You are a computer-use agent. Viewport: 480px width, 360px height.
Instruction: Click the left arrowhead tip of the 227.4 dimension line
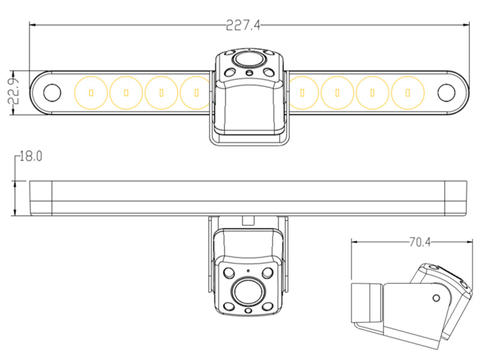pos(29,25)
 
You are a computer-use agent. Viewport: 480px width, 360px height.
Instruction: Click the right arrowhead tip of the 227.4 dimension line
pos(469,25)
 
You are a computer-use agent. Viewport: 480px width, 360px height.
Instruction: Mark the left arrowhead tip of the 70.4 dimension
pos(351,242)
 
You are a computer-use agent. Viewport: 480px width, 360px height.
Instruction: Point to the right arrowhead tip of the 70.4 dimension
pos(472,242)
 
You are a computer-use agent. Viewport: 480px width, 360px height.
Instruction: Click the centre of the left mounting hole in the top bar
pos(52,93)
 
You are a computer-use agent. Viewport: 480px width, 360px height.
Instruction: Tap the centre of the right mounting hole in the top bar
pos(446,93)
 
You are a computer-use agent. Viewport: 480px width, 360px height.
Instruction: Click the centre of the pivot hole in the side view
pos(436,298)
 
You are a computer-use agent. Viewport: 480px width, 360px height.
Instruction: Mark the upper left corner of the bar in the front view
pos(30,181)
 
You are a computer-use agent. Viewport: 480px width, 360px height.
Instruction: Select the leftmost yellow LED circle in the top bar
pos(91,93)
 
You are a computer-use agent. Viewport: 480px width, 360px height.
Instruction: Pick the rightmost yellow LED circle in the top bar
pos(408,93)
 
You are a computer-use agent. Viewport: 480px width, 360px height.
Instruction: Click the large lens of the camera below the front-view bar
pos(248,291)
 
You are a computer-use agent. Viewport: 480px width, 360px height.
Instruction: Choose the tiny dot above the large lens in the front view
pos(248,271)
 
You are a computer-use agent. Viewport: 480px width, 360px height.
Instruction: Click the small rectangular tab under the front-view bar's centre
pos(248,220)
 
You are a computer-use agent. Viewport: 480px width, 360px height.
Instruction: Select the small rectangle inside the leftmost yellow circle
pos(91,93)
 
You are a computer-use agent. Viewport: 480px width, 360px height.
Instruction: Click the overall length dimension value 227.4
pos(243,25)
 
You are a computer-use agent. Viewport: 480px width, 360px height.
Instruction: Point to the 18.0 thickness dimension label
pos(31,156)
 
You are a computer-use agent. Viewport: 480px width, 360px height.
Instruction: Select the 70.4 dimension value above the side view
pos(419,242)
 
